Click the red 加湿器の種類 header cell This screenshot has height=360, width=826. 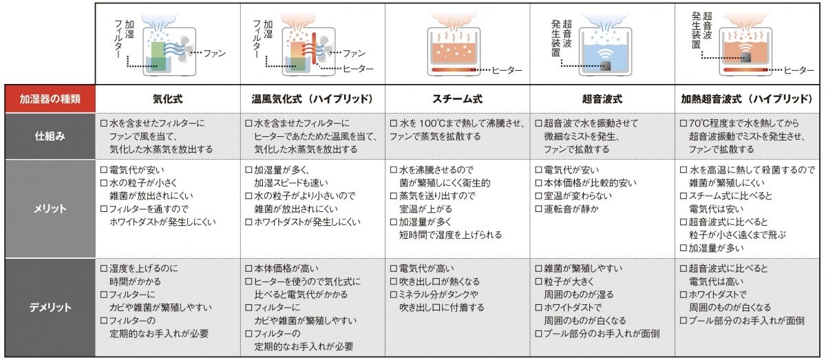pos(47,98)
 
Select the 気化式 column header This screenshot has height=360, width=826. pos(167,98)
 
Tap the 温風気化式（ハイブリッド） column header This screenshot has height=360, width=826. pos(311,98)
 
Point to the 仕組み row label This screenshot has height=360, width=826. pos(47,136)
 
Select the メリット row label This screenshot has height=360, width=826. pos(47,208)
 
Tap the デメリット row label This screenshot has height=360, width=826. pos(47,307)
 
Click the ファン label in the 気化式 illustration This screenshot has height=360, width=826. pos(213,53)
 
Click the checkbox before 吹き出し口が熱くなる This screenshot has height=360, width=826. pos(394,282)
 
